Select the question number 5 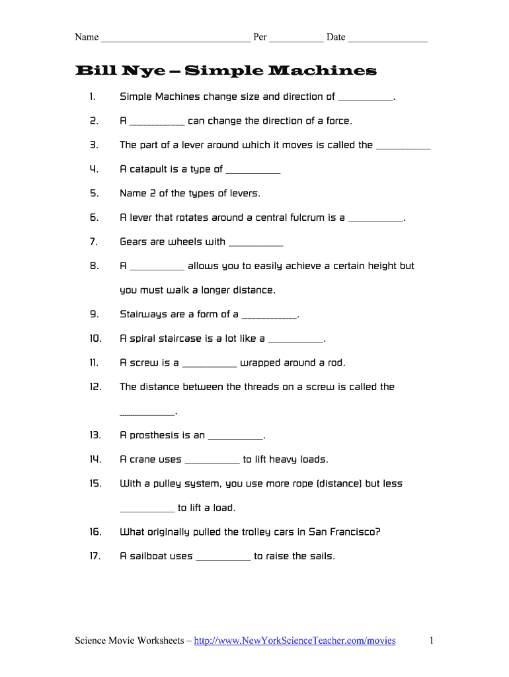[94, 193]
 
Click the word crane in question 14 [142, 459]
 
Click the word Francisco [352, 532]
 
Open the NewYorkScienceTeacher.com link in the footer [295, 640]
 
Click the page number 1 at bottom [431, 640]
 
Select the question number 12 [95, 387]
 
